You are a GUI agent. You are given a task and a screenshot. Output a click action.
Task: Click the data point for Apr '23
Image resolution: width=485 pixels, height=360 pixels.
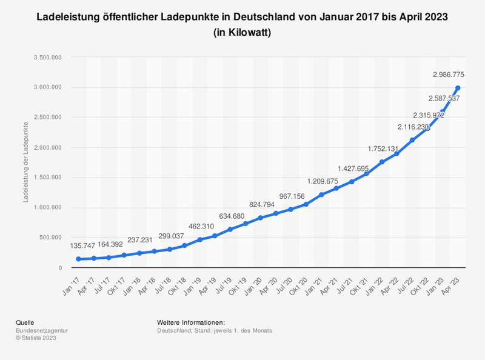pyautogui.click(x=458, y=88)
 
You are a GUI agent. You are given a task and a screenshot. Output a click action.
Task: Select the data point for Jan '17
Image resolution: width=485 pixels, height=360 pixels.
pyautogui.click(x=79, y=259)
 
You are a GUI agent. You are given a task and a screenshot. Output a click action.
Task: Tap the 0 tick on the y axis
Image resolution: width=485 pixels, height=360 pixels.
pyautogui.click(x=60, y=268)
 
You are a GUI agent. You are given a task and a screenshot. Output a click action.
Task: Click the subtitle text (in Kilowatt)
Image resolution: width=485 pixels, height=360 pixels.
pyautogui.click(x=242, y=33)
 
